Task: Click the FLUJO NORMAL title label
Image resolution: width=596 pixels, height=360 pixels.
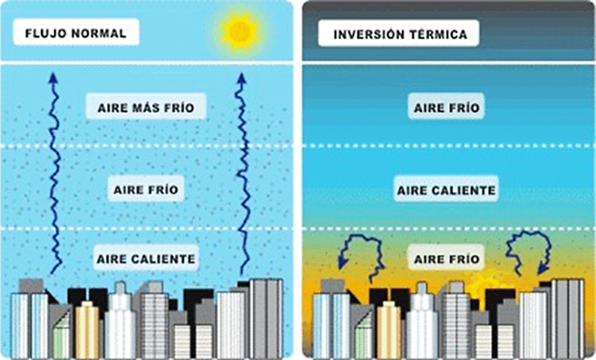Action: point(76,33)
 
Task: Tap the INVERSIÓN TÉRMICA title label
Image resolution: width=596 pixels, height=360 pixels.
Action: point(400,35)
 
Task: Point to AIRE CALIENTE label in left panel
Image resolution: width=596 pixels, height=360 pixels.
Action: point(146,259)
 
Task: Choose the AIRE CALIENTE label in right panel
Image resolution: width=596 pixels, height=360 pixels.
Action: point(446,191)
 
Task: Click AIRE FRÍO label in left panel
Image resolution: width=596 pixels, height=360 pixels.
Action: point(146,190)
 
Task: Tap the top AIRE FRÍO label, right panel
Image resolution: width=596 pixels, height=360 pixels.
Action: point(446,108)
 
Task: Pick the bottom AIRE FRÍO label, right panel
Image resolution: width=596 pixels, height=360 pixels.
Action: point(446,259)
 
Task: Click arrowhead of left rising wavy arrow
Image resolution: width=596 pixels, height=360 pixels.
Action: point(53,78)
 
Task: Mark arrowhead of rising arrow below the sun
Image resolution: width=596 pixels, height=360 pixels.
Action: point(240,78)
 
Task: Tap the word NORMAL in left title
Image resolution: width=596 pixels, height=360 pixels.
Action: point(101,33)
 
